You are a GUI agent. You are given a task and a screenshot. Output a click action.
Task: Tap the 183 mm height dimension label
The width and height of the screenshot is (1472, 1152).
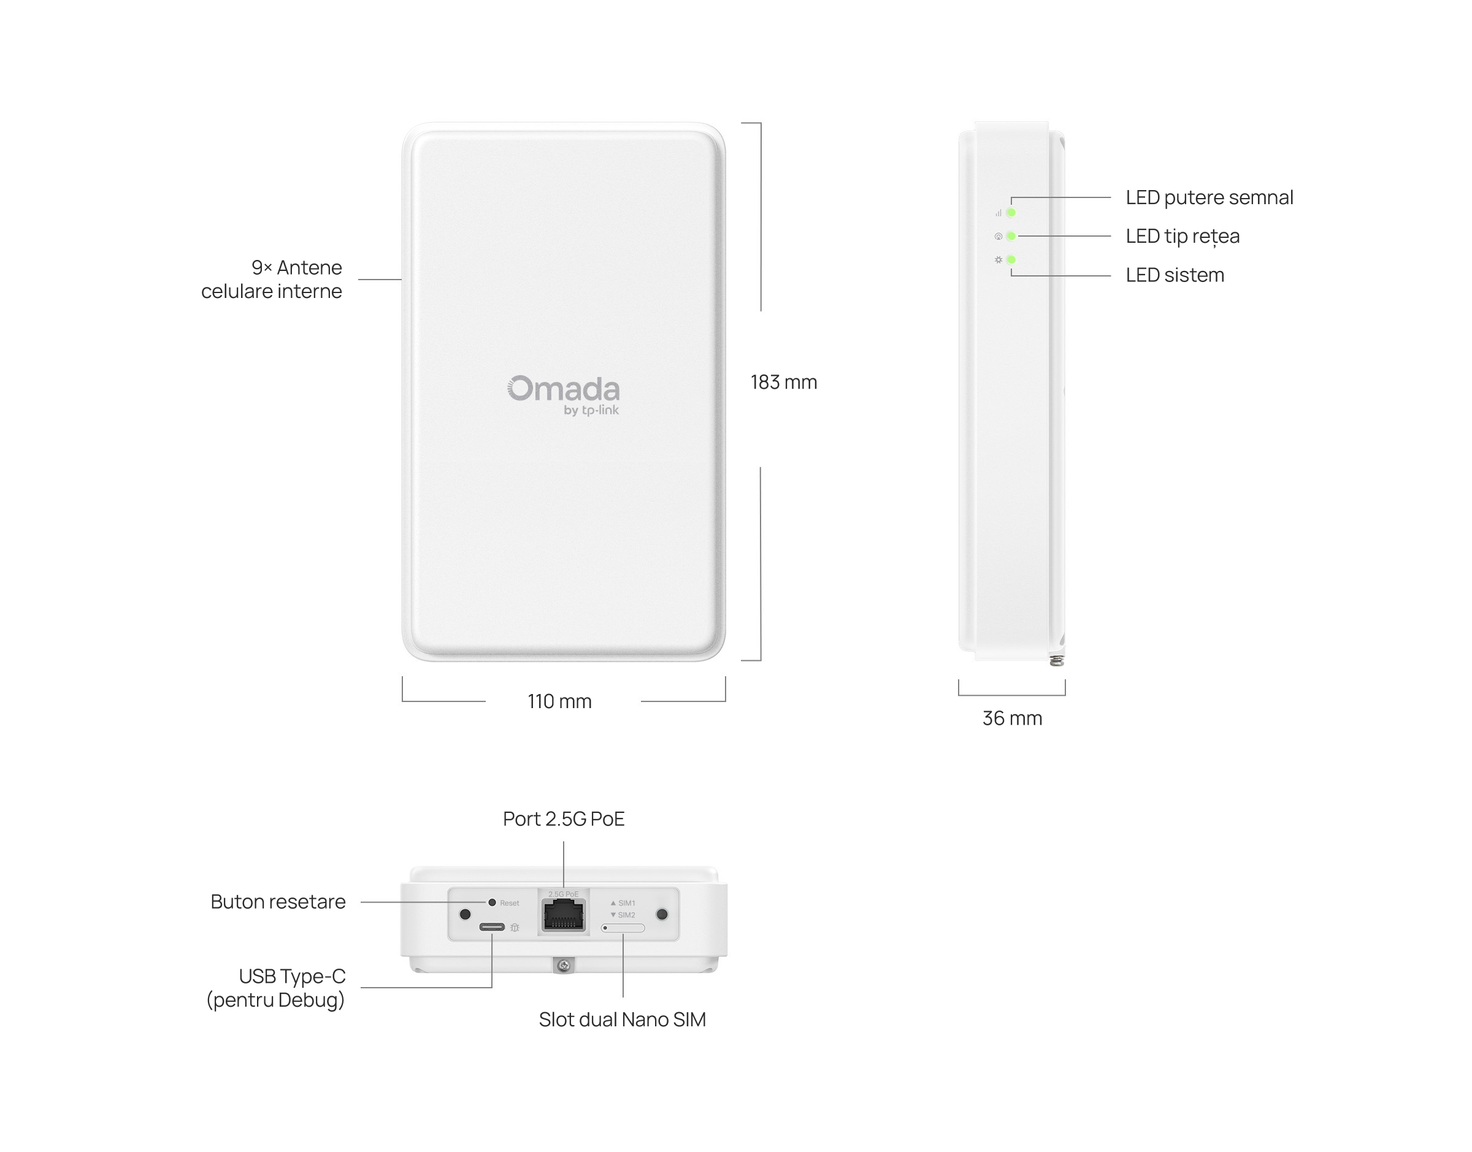click(783, 383)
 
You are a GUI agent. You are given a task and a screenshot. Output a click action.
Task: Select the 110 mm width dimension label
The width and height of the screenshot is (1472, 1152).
click(559, 701)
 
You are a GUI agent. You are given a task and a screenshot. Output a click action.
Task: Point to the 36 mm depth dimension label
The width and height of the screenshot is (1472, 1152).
click(1012, 719)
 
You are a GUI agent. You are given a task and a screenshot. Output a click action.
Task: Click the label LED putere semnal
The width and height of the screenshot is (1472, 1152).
click(1209, 197)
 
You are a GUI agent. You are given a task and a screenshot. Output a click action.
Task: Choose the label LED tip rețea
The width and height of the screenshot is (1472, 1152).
click(1182, 236)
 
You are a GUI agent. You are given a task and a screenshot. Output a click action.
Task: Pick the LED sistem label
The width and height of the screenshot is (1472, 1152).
click(1175, 275)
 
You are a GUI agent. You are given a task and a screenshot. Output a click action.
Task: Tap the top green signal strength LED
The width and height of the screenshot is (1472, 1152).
click(1011, 213)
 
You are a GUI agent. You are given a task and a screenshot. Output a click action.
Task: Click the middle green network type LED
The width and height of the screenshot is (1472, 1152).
click(1011, 236)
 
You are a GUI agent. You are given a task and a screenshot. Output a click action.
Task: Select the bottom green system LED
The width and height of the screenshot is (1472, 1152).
click(1011, 260)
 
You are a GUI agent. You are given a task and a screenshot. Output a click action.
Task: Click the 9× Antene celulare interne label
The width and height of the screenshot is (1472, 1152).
click(272, 279)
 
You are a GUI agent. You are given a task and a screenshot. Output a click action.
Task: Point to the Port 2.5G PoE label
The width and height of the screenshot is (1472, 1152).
click(563, 819)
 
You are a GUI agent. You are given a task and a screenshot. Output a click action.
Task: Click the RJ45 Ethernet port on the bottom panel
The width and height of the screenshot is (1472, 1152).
click(563, 915)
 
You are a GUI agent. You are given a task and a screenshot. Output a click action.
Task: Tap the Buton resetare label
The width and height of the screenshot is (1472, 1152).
click(278, 902)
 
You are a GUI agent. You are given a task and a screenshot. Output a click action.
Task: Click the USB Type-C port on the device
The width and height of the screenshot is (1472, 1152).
click(492, 927)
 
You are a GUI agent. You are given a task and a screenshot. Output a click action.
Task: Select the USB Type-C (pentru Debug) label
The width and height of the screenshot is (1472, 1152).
click(277, 988)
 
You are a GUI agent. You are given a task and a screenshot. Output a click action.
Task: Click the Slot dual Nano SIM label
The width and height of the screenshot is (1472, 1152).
click(622, 1019)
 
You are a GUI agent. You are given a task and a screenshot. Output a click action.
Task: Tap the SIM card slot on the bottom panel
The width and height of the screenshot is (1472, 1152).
click(623, 928)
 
